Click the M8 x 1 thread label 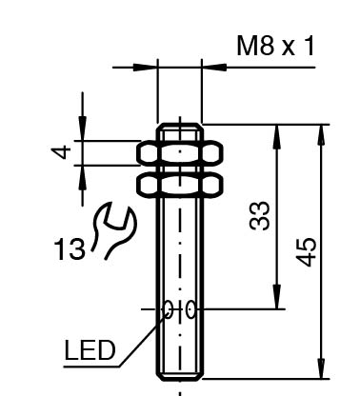click(x=275, y=46)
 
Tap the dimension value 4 click(x=62, y=151)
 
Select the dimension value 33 click(x=259, y=215)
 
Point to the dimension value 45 click(x=306, y=251)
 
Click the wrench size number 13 click(x=70, y=248)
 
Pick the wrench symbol click(x=114, y=230)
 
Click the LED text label click(x=90, y=350)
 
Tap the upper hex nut click(x=180, y=153)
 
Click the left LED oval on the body click(x=169, y=309)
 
